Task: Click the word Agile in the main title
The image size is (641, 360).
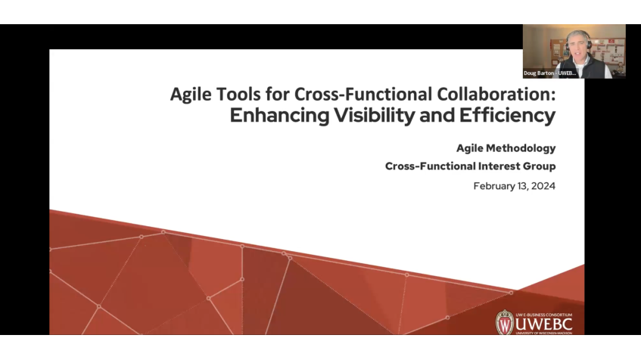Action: tap(189, 95)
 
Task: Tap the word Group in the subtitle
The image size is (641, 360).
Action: tap(537, 166)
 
